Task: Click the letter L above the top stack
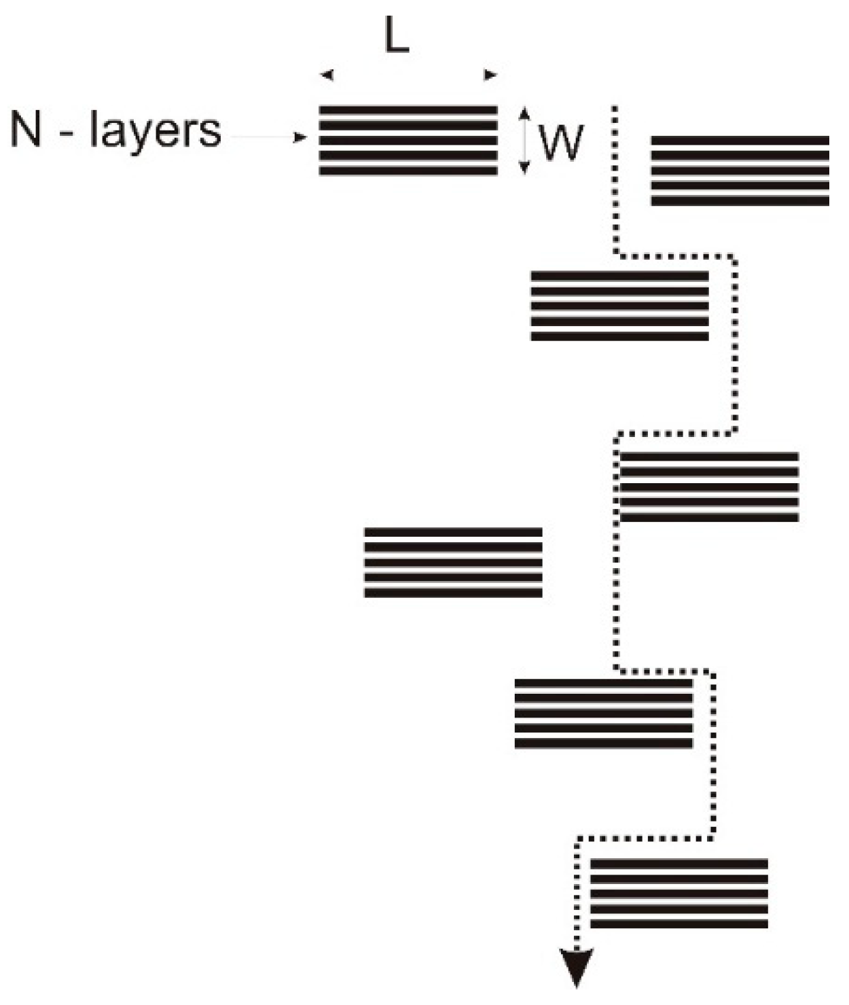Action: [397, 38]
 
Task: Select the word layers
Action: [156, 130]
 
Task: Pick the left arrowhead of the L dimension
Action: [327, 75]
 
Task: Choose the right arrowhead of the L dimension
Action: [490, 75]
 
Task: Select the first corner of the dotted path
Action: [616, 255]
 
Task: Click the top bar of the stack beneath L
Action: [408, 109]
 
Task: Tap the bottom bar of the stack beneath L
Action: [408, 171]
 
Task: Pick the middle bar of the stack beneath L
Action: [408, 141]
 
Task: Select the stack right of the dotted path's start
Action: [740, 171]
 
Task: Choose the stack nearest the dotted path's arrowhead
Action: [679, 894]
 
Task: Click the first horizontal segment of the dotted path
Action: [676, 256]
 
